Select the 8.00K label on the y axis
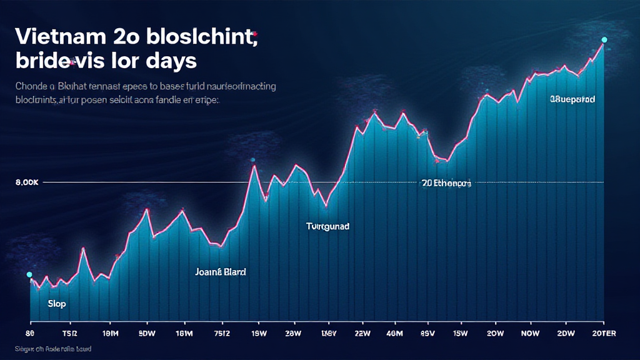pyautogui.click(x=26, y=182)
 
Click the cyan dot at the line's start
pyautogui.click(x=29, y=274)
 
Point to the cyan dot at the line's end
pyautogui.click(x=604, y=39)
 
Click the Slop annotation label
pyautogui.click(x=56, y=304)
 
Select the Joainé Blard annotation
pyautogui.click(x=221, y=272)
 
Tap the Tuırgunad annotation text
pyautogui.click(x=327, y=226)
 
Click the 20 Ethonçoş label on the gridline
pyautogui.click(x=446, y=183)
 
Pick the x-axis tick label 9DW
pyautogui.click(x=147, y=333)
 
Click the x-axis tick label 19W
pyautogui.click(x=257, y=333)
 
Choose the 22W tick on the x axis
pyautogui.click(x=362, y=333)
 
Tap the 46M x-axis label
pyautogui.click(x=395, y=333)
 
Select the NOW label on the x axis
pyautogui.click(x=530, y=333)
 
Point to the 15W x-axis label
pyautogui.click(x=461, y=333)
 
